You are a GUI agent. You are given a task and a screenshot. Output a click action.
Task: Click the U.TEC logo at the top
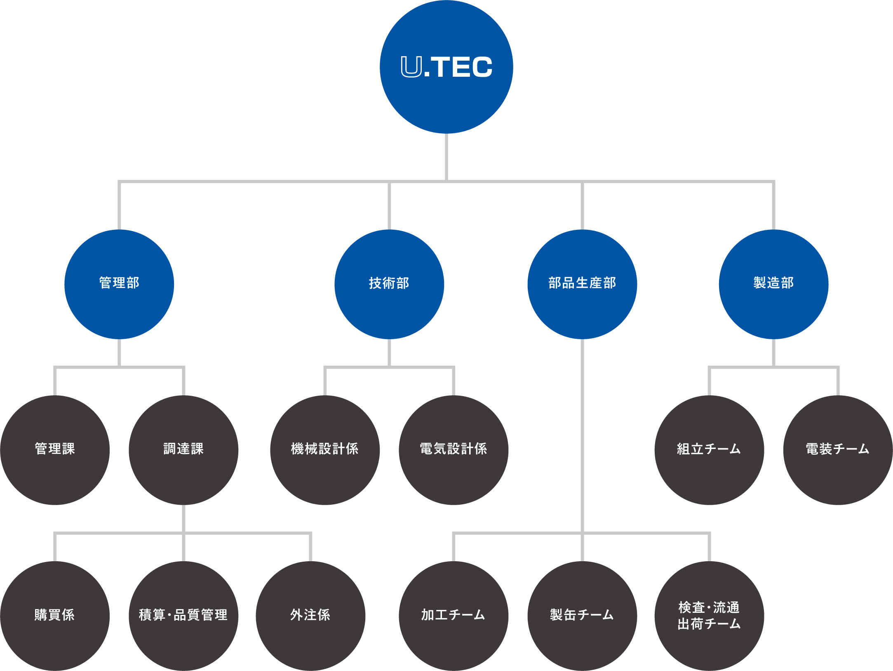[446, 67]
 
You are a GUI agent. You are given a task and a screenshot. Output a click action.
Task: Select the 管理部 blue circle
[119, 284]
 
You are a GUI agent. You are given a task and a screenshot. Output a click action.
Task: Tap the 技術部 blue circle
[389, 284]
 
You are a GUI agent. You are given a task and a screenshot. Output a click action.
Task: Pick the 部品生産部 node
[582, 284]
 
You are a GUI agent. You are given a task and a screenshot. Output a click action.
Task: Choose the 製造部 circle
[773, 284]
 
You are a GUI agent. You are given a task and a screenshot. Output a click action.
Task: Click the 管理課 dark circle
[55, 450]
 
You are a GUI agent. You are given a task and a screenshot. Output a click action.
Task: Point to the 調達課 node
[183, 450]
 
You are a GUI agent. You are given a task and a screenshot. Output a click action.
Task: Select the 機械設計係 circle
[325, 450]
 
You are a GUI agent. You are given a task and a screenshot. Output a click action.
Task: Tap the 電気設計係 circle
[454, 450]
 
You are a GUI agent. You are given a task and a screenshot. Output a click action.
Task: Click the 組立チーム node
[709, 450]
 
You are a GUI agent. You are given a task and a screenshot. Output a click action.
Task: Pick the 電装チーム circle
[838, 450]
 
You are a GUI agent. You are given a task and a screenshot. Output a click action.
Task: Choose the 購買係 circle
[55, 616]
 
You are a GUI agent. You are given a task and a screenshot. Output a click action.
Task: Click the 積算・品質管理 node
[183, 616]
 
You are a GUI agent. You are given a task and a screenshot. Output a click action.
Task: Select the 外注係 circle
[310, 616]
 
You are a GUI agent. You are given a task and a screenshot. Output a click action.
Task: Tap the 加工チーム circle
[454, 616]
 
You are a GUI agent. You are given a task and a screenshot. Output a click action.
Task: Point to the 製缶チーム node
[582, 616]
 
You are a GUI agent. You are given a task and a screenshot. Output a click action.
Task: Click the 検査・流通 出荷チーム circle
[709, 616]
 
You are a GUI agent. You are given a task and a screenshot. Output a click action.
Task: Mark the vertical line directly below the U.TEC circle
[446, 157]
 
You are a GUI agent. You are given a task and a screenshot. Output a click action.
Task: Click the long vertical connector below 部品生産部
[582, 436]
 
